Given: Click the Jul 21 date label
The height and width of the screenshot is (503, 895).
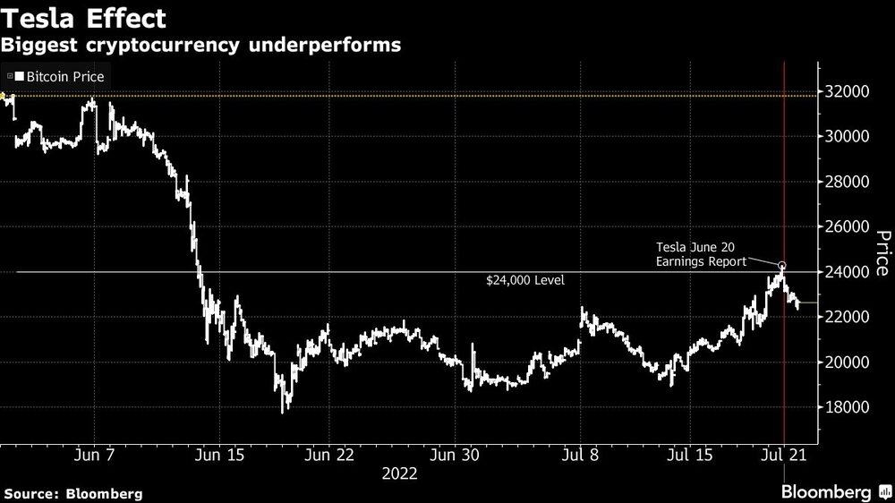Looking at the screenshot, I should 786,455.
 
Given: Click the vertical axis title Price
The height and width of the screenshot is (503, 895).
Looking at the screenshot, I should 882,253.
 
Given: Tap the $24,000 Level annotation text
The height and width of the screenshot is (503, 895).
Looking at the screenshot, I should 526,281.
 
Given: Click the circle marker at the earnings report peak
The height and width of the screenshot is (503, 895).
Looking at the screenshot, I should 782,266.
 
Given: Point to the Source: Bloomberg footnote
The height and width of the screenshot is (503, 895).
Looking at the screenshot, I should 72,493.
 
